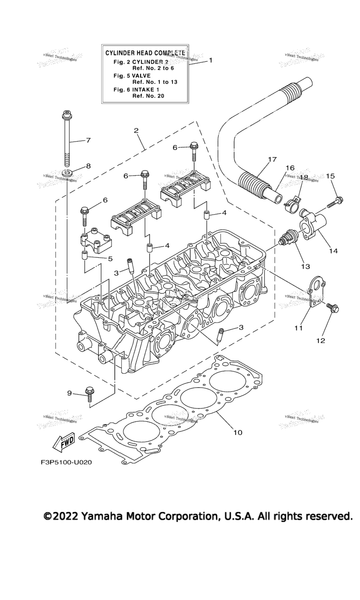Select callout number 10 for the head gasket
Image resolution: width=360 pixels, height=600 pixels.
click(238, 432)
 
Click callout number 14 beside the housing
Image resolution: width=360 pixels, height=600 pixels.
click(333, 251)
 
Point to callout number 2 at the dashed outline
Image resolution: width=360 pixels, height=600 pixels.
click(136, 130)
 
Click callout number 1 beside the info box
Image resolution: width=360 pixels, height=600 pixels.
click(210, 60)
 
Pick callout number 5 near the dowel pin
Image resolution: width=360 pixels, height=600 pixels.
click(110, 258)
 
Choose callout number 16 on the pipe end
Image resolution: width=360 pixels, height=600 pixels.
click(290, 167)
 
